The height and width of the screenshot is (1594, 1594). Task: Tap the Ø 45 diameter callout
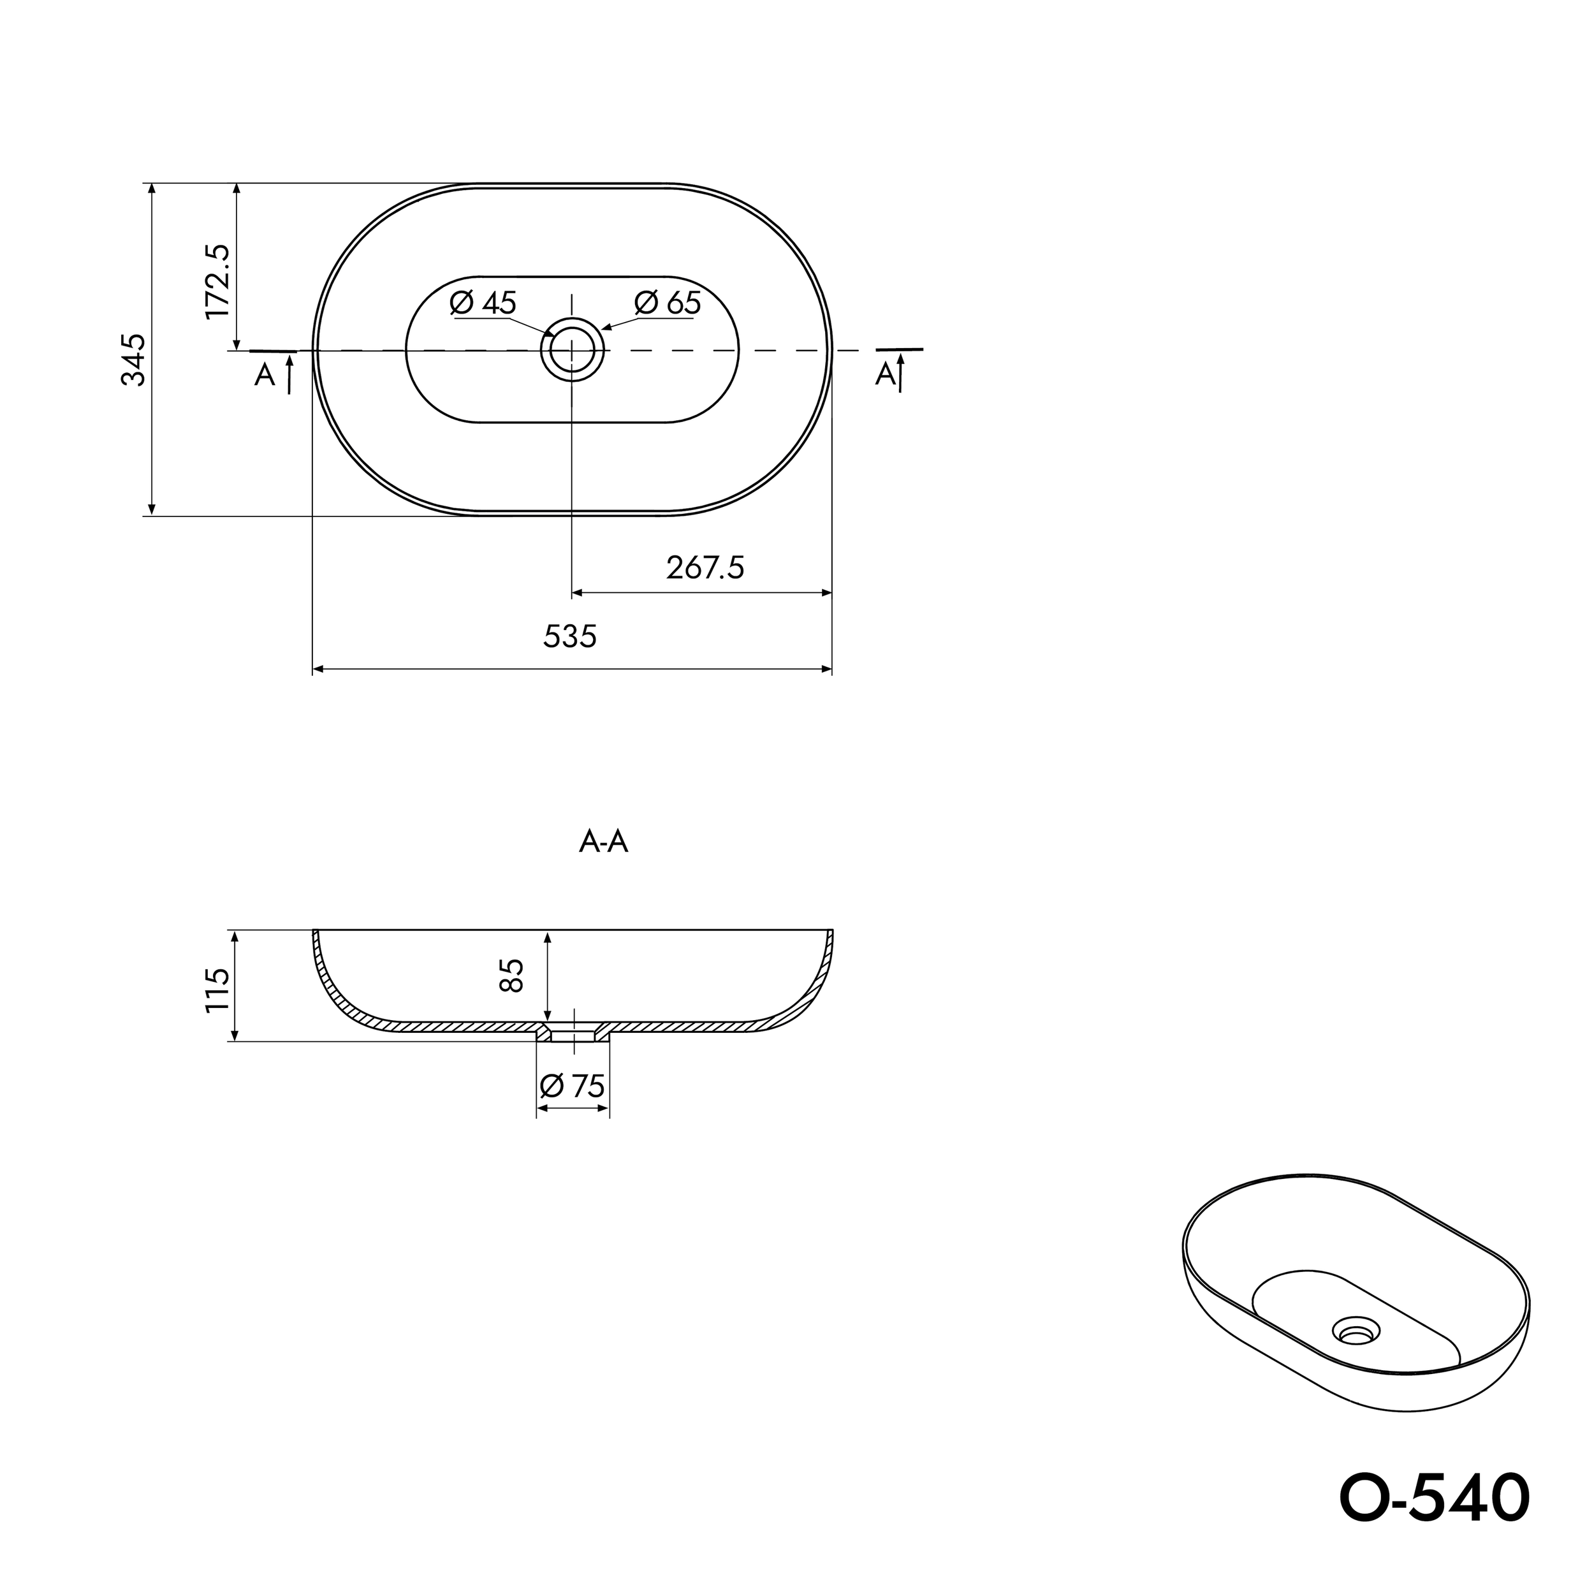point(483,303)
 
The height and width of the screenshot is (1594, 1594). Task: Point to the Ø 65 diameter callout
point(668,303)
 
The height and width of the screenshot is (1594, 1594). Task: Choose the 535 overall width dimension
point(570,636)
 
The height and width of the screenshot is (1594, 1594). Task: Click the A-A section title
point(604,842)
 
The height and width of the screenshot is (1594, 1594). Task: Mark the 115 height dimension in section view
point(218,990)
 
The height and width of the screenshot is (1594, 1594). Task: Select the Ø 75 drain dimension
point(573,1086)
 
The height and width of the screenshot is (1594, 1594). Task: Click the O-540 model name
point(1434,1498)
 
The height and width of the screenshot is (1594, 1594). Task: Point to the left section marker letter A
point(265,376)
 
